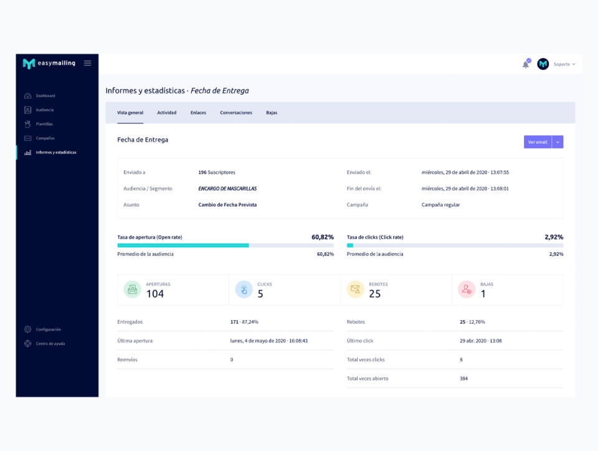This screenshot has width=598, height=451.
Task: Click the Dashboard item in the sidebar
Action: tap(45, 96)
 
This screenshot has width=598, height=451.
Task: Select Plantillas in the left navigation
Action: tap(44, 124)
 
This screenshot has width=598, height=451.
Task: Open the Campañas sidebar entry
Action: tap(45, 138)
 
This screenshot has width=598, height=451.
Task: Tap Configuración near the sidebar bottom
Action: tap(48, 330)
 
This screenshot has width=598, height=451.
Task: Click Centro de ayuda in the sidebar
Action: tap(50, 344)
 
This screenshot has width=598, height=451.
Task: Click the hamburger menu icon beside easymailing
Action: tap(88, 63)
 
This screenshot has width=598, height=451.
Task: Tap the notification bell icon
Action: tap(526, 64)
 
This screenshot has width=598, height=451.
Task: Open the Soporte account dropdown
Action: tap(564, 64)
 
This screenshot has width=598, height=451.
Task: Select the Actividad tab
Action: tap(166, 113)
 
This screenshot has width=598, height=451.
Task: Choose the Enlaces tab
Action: tap(198, 113)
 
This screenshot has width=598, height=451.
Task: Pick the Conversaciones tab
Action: tap(236, 113)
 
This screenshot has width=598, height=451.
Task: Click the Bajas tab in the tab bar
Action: tap(272, 113)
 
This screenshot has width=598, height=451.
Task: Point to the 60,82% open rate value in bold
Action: tap(323, 237)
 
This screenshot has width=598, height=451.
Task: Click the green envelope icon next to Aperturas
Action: tap(132, 289)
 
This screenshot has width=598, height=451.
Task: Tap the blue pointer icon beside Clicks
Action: tap(244, 289)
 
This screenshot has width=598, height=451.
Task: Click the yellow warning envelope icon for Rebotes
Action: tap(355, 289)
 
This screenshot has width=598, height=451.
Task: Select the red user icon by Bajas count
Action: tap(467, 289)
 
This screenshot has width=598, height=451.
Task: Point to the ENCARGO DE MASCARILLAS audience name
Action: tap(227, 188)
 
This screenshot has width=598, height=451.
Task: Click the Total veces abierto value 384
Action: tap(463, 379)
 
